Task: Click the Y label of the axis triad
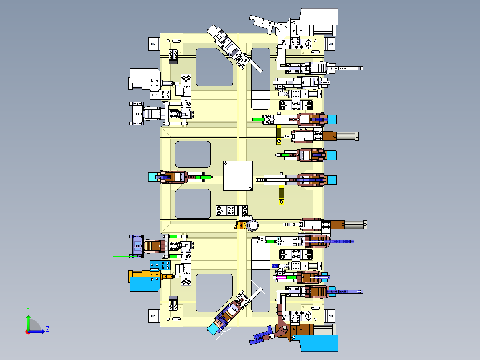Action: (x=28, y=310)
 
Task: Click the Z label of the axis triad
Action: (x=48, y=329)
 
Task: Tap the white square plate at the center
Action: (x=238, y=176)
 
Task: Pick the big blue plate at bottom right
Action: (x=318, y=343)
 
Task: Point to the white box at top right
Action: (x=319, y=17)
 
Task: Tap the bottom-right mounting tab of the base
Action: (x=329, y=315)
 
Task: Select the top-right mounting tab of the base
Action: (x=329, y=44)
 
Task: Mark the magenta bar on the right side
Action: (x=281, y=278)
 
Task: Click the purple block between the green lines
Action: (x=137, y=246)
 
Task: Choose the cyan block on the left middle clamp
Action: (x=152, y=177)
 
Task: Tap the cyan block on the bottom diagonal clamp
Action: (x=212, y=329)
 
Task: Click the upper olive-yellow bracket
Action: (x=279, y=135)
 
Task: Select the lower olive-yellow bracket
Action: (x=281, y=195)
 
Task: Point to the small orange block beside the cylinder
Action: (x=241, y=225)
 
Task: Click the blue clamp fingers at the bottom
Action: (x=261, y=335)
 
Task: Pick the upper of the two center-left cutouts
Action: (x=192, y=154)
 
